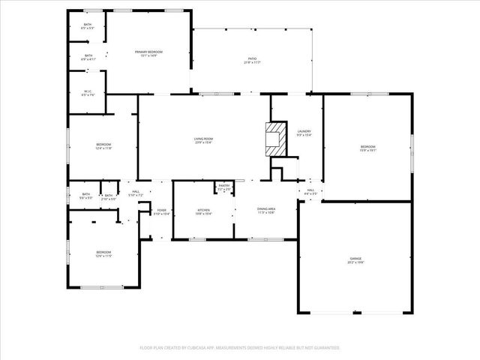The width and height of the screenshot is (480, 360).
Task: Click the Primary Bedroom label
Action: pos(148,52)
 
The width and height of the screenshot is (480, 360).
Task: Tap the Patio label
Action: pos(252,59)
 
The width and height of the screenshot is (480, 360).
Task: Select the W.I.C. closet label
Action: pos(88,93)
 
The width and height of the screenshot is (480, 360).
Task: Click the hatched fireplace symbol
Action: pos(274,139)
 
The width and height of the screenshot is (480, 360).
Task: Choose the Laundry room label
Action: pos(304,133)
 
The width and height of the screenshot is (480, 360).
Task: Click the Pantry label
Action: pos(224,186)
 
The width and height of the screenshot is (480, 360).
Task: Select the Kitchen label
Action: pos(203,211)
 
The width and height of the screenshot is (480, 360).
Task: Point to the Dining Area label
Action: pos(266,211)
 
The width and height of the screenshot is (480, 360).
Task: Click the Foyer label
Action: pos(162,211)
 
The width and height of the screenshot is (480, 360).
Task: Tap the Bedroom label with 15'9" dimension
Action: pos(367,148)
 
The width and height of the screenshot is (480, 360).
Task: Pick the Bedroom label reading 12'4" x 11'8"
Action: pos(103,146)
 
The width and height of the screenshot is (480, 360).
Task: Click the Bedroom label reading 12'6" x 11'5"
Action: pos(103,253)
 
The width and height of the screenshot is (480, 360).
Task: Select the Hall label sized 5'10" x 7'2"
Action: pos(136,193)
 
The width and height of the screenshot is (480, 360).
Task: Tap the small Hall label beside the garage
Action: pos(310,192)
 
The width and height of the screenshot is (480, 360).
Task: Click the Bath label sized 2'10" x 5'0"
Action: pos(109,197)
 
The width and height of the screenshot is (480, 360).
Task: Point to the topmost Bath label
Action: pos(88,26)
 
